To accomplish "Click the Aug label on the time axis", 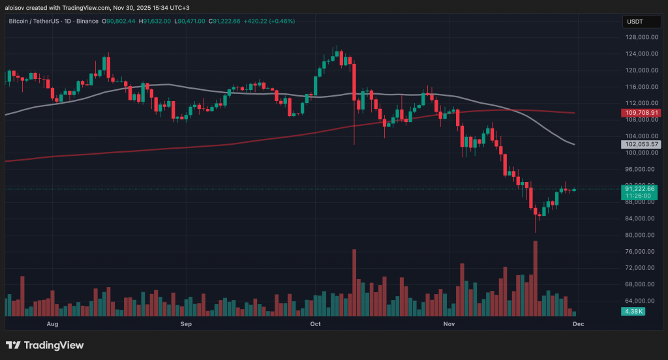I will pyautogui.click(x=53, y=323).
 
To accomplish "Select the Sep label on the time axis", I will pyautogui.click(x=185, y=323).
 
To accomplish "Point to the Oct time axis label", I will pyautogui.click(x=316, y=323).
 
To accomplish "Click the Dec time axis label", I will pyautogui.click(x=577, y=323).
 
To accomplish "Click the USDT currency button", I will pyautogui.click(x=635, y=22).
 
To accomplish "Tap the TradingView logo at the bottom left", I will pyautogui.click(x=45, y=345).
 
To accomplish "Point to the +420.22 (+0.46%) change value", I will pyautogui.click(x=269, y=22).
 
